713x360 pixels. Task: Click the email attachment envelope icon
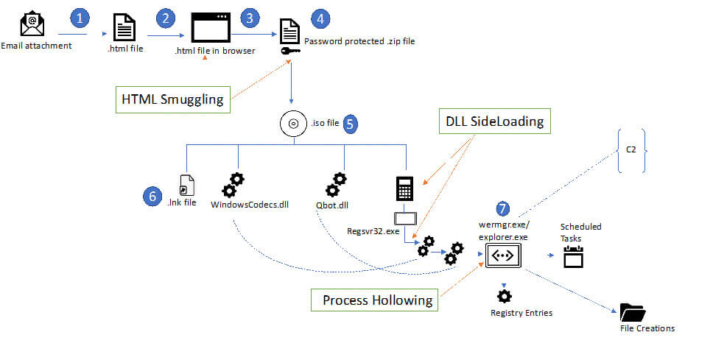[x=32, y=24]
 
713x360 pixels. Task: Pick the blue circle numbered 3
[x=251, y=17]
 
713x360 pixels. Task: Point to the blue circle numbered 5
[x=351, y=124]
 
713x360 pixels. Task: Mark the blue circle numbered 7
[x=502, y=208]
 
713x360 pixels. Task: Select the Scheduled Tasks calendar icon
[x=573, y=256]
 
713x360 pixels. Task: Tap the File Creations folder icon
[x=632, y=311]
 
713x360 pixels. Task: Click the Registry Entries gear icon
[x=504, y=296]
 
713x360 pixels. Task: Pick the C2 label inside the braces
[x=631, y=149]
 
